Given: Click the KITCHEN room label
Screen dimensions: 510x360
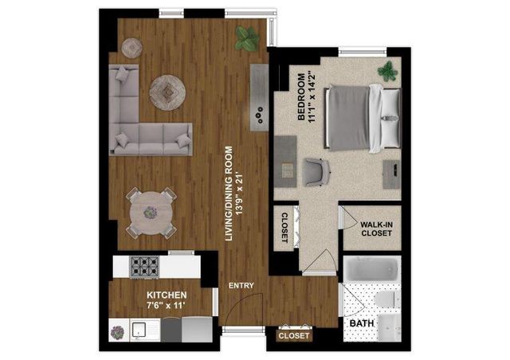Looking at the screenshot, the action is [167, 295].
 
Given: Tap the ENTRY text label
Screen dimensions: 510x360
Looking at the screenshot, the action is [241, 285].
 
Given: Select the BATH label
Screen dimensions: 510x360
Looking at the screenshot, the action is [361, 323].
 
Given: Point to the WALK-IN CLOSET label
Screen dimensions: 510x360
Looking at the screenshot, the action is [376, 229].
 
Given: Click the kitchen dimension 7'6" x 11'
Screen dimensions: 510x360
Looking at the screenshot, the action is [167, 305].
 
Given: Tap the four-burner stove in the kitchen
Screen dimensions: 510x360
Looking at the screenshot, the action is [144, 267].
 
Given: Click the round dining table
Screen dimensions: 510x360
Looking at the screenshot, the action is [151, 213].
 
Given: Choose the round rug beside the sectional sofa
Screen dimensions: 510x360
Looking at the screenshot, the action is [167, 92].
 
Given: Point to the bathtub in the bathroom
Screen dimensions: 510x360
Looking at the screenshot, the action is [372, 269].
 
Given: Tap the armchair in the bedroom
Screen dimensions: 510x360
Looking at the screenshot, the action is [316, 172].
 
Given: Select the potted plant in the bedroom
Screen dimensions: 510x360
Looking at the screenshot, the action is [388, 71].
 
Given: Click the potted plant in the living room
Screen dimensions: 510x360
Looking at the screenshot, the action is [247, 39].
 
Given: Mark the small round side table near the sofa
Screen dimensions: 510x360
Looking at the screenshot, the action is [131, 48].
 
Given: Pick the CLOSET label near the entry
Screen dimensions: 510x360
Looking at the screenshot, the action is [294, 335].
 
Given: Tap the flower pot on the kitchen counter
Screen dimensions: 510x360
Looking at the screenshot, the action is [117, 332].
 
